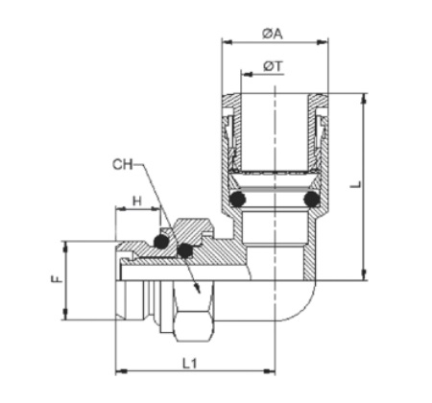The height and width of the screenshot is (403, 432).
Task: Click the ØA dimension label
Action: [x=273, y=34]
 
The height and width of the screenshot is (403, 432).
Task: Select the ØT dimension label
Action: [x=273, y=66]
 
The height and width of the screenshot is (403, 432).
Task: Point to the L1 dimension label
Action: [x=190, y=363]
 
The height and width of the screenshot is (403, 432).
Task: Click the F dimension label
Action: [x=57, y=279]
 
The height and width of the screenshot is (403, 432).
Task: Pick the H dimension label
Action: [x=136, y=201]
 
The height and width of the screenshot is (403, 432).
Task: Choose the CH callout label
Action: [x=122, y=164]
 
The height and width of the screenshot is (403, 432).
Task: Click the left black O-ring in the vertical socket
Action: [x=237, y=199]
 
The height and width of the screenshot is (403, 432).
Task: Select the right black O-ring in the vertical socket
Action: [x=311, y=199]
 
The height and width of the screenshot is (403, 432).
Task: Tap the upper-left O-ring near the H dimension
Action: [x=161, y=242]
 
